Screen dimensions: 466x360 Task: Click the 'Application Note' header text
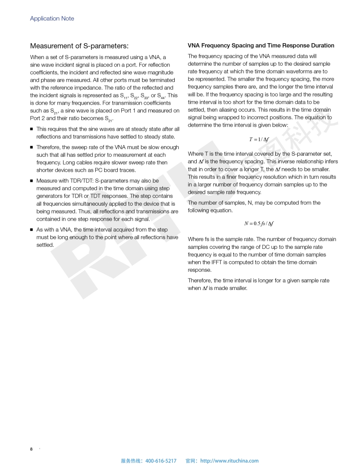point(52,19)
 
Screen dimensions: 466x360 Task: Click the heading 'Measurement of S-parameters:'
point(79,46)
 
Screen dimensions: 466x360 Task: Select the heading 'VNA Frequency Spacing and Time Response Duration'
point(261,45)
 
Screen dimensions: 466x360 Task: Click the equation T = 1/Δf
point(259,139)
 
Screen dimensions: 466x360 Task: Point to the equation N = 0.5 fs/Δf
point(259,224)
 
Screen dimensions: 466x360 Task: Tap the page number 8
point(31,449)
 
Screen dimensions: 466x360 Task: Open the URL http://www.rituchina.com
point(229,461)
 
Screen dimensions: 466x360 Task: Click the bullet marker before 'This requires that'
point(32,129)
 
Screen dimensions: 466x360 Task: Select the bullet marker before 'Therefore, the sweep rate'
point(32,147)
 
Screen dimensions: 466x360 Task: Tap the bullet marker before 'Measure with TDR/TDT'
point(32,181)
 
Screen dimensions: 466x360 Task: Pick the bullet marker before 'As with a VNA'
point(32,230)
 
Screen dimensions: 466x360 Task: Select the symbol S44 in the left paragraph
point(161,95)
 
